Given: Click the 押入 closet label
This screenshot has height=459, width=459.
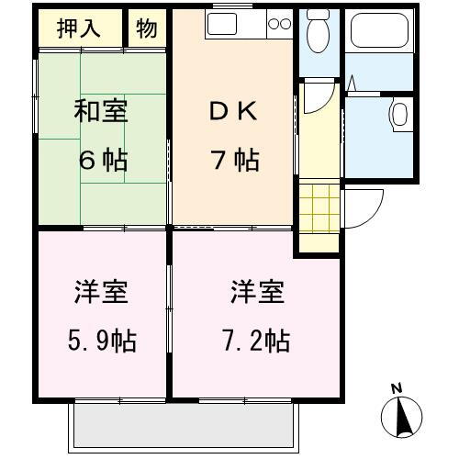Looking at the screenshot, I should [x=80, y=28].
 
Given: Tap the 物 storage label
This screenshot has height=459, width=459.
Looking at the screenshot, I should [x=147, y=28].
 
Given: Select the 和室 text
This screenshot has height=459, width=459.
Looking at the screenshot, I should [x=101, y=112].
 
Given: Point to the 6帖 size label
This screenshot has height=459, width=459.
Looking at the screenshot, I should [x=101, y=160].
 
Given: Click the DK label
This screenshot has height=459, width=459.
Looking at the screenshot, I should [x=233, y=112].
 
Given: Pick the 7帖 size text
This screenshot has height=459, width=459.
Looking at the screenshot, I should [x=233, y=160].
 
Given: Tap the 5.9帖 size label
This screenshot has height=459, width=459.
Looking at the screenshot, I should [x=103, y=341].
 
